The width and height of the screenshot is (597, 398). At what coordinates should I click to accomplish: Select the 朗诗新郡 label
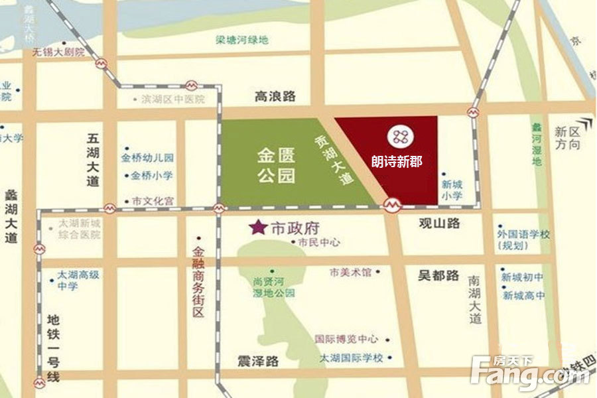coord(397,161)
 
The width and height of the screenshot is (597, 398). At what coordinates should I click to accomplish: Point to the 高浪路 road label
coord(275,97)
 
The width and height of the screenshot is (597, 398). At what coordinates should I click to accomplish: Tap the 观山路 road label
coord(439,224)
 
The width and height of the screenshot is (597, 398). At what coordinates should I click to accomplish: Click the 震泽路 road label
coord(258,362)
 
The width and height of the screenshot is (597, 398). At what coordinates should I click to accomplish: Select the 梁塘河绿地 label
coord(242,40)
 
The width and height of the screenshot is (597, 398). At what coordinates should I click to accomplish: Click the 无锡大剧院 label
coord(59,52)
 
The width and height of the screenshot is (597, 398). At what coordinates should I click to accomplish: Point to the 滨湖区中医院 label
coord(172,99)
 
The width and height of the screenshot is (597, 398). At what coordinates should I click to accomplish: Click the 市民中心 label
coord(319,243)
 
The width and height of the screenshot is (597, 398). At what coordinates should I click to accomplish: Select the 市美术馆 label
coord(350,272)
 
